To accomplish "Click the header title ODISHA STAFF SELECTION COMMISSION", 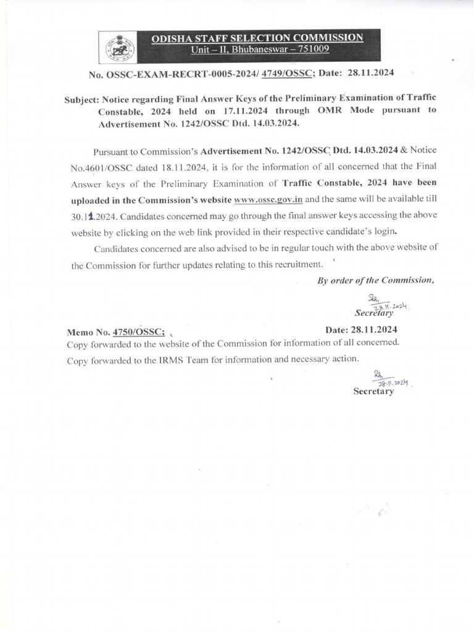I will (257, 38).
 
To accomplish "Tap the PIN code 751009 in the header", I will (314, 49).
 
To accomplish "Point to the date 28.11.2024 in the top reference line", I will (370, 73).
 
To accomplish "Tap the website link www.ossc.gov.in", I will (268, 200).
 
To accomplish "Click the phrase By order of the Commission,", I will (375, 280).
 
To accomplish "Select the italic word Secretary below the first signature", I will (373, 314).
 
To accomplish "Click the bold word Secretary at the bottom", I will (373, 391).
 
